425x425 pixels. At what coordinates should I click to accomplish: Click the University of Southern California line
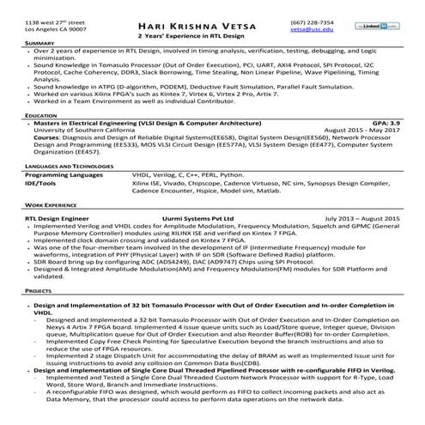pyautogui.click(x=80, y=130)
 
